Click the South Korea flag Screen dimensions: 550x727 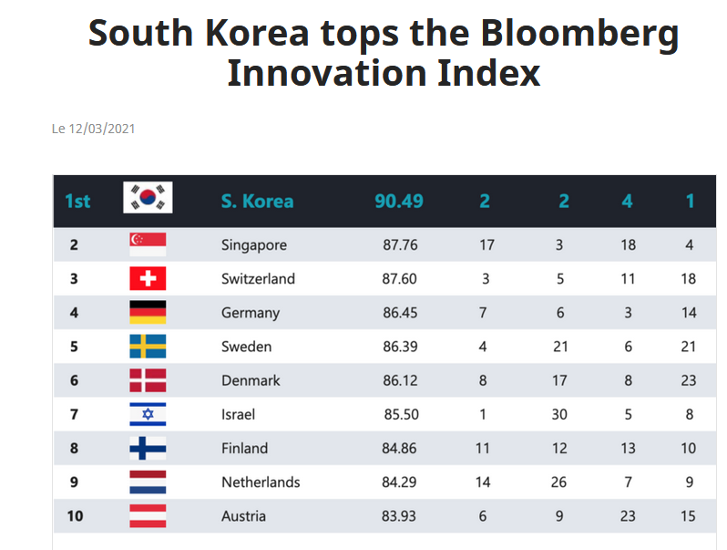click(148, 198)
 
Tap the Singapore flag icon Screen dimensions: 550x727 click(148, 244)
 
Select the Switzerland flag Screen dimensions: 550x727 click(148, 278)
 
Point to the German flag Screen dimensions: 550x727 click(148, 313)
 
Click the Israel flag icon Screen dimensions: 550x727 click(148, 414)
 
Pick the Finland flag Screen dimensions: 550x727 click(148, 448)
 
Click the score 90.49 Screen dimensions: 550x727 click(399, 201)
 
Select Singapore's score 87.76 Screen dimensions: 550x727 click(400, 244)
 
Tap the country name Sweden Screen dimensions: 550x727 click(246, 347)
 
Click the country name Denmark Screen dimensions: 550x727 click(251, 380)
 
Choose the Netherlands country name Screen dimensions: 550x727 click(261, 482)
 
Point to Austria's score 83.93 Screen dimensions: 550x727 click(400, 515)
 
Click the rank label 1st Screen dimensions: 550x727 click(77, 201)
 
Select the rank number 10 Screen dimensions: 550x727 click(75, 515)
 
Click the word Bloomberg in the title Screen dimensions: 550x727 click(579, 34)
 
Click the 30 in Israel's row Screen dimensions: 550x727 click(559, 414)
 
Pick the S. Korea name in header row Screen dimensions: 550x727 click(257, 201)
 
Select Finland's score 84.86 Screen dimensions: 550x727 click(400, 448)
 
